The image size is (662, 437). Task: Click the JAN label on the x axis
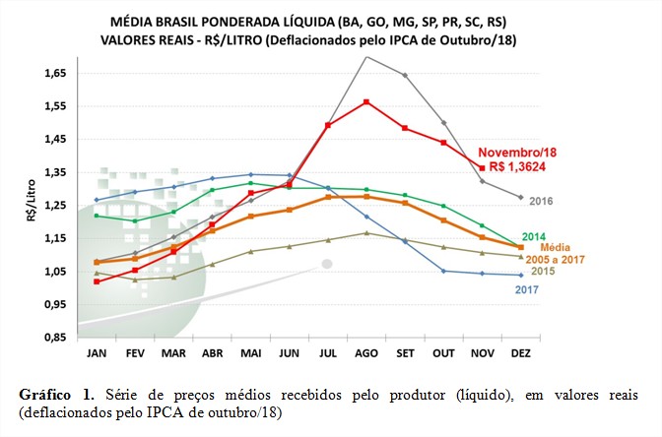[97, 353]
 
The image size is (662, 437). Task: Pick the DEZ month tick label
[520, 353]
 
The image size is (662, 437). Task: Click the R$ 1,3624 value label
[515, 166]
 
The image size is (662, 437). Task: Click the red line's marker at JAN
[97, 281]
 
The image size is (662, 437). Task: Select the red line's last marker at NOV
[482, 167]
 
